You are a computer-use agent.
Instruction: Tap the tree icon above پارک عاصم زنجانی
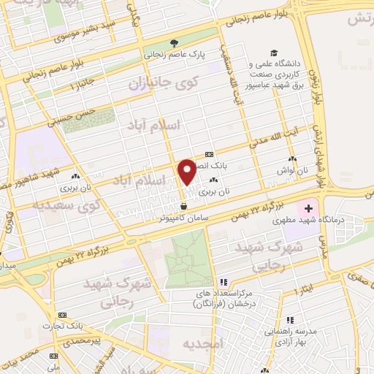pyautogui.click(x=173, y=42)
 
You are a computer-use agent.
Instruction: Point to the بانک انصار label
pyautogui.click(x=228, y=166)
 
